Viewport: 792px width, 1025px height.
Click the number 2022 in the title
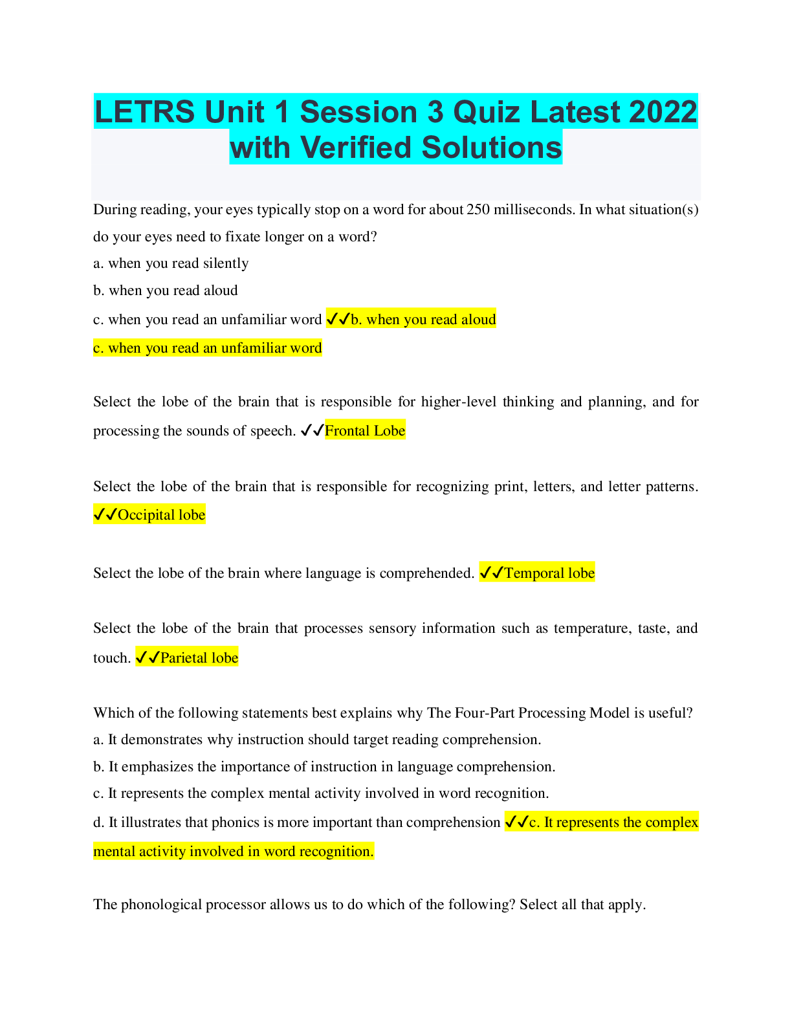(663, 112)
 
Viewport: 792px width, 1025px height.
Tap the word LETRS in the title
(145, 112)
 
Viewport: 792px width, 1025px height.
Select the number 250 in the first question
(478, 210)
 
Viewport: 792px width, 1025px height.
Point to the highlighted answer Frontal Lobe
(365, 431)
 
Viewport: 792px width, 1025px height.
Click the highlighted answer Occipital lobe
(161, 515)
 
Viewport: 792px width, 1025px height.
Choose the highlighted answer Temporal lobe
(549, 573)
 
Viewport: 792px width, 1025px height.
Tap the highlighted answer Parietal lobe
(199, 658)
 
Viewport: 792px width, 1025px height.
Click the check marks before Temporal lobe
(491, 573)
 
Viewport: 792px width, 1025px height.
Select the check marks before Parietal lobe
(148, 658)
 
